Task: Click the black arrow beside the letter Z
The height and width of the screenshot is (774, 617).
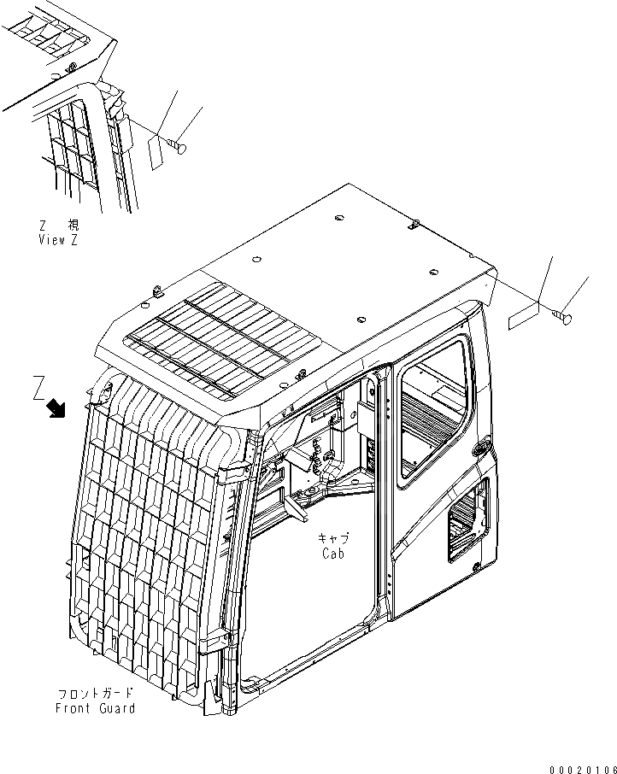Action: tap(56, 409)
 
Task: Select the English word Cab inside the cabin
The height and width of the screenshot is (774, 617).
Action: tap(332, 554)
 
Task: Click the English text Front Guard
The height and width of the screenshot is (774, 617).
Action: tap(95, 708)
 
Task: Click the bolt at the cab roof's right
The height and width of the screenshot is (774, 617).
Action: tap(564, 320)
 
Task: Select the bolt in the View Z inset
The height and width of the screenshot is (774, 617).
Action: tap(179, 148)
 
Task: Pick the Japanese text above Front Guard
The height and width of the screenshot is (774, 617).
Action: tap(95, 694)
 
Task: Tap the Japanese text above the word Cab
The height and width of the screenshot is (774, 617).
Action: tap(332, 538)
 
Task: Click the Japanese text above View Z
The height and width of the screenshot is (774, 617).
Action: tap(59, 226)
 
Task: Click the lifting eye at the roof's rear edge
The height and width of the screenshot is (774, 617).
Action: tap(413, 225)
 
